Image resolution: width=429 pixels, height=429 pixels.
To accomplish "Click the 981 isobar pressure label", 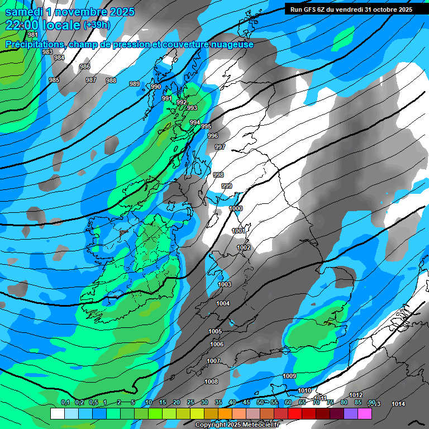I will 33,35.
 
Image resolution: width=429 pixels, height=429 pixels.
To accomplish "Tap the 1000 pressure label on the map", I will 236,208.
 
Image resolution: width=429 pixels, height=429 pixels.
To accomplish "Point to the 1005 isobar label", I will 216,331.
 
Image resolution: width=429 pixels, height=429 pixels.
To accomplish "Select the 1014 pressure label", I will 398,404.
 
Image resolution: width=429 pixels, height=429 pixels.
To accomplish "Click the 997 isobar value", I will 220,147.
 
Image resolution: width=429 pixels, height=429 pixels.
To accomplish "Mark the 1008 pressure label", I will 211,382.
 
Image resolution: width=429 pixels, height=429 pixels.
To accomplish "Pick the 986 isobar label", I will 85,66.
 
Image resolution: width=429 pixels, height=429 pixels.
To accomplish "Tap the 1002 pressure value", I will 244,247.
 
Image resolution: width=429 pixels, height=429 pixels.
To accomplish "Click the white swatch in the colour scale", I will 57,414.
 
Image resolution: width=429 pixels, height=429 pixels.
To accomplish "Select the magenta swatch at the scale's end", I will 365,414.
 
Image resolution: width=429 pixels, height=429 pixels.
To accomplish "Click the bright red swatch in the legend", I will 295,414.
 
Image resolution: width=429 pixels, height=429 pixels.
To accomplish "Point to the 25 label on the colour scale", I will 190,402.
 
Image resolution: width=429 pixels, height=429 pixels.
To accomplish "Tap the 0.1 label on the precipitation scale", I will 65,402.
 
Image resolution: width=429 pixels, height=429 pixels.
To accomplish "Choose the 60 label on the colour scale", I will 288,402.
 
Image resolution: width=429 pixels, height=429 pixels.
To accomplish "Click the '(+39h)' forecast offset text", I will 97,25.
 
